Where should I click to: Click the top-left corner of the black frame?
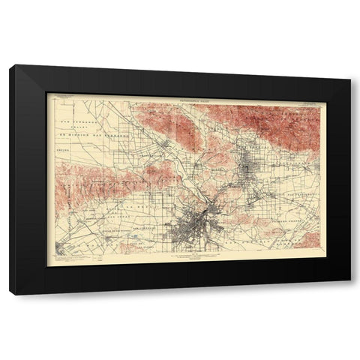[10, 66]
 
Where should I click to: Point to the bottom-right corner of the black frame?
[350, 294]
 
